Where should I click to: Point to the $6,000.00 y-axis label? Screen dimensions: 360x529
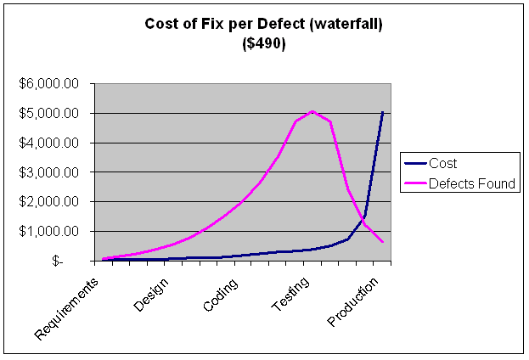tap(49, 83)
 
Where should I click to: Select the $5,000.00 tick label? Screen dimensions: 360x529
tap(49, 113)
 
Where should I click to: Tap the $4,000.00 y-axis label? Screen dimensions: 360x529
tap(49, 143)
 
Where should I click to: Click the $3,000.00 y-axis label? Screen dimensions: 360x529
tap(49, 172)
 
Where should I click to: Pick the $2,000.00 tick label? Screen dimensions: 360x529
tap(49, 202)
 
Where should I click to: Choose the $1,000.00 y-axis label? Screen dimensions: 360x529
tap(49, 231)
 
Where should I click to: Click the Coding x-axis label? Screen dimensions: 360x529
tap(220, 293)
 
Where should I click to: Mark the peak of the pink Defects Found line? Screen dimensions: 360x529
tap(312, 111)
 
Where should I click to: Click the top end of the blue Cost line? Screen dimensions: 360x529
tap(383, 112)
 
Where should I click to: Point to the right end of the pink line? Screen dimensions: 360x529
tap(383, 243)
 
